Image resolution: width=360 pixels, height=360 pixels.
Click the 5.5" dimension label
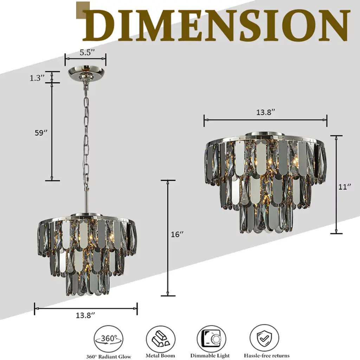tap(87, 52)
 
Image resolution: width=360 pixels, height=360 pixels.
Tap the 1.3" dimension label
tap(37, 78)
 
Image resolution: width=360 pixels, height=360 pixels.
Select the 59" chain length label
tap(41, 133)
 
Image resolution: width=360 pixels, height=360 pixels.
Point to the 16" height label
tap(177, 234)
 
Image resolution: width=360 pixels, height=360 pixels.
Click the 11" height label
tap(345, 187)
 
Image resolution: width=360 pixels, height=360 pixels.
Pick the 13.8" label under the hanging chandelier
tap(85, 315)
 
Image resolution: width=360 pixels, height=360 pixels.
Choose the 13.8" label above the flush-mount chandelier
tap(265, 112)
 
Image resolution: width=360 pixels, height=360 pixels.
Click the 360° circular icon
tap(108, 339)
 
